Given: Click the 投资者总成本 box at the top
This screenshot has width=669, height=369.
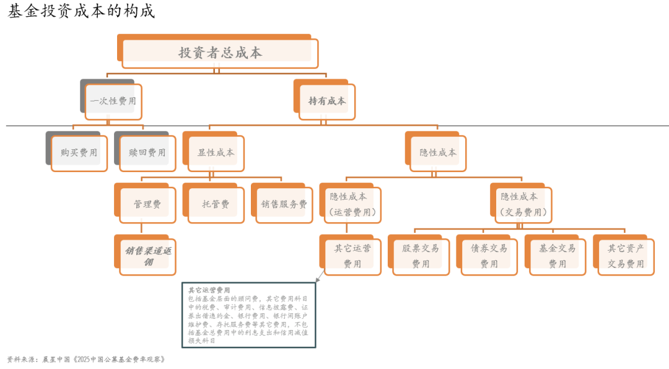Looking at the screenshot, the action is (218, 51).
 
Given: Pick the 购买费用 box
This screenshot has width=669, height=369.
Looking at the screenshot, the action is (77, 152).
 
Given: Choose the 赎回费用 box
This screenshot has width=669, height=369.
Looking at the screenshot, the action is (146, 152).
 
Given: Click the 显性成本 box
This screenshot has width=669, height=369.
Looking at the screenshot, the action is (214, 152).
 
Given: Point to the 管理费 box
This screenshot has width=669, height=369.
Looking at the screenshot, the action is (146, 203).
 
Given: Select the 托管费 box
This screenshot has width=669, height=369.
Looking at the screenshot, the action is (214, 203).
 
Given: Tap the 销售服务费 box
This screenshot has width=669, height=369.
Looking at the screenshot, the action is (282, 203).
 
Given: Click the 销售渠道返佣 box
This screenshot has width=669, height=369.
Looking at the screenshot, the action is (146, 255).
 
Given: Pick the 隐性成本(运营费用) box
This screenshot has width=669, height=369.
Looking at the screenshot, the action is (351, 203).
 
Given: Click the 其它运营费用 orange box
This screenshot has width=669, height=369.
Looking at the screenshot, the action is (351, 255).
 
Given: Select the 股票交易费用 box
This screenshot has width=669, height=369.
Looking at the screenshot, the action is (419, 255).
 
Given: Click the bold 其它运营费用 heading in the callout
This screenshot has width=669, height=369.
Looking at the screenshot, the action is (209, 290).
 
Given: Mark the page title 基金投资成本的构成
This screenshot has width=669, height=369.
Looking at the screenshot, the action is (81, 11).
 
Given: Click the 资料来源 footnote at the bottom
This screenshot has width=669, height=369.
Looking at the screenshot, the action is (85, 359).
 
